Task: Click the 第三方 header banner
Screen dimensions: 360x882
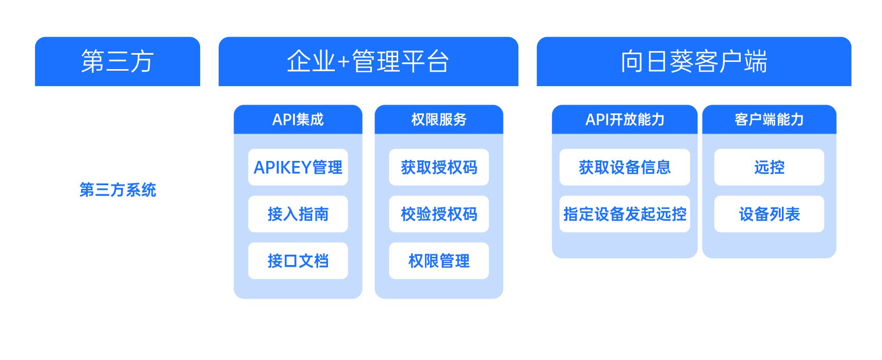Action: [117, 61]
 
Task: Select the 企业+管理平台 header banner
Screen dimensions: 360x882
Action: [368, 61]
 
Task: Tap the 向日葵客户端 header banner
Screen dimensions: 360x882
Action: [694, 61]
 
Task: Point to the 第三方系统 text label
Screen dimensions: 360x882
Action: [118, 190]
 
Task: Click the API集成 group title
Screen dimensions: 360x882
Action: [298, 120]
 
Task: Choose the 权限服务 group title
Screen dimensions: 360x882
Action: [438, 120]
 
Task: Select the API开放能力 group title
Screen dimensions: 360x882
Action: [624, 120]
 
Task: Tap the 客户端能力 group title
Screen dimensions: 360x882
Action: [769, 120]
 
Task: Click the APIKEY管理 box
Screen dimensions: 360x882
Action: [298, 167]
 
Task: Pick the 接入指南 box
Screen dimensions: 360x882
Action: [298, 214]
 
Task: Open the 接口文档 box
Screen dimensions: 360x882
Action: [298, 261]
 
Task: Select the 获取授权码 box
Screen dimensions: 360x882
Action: [438, 167]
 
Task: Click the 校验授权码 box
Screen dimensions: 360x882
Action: [438, 214]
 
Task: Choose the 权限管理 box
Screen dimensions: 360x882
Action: [438, 261]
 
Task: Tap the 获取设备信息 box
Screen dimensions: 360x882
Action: [624, 167]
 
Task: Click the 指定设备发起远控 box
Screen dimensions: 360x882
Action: [624, 214]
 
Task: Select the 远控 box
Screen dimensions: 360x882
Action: [769, 167]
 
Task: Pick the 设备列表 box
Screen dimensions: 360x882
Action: [769, 214]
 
